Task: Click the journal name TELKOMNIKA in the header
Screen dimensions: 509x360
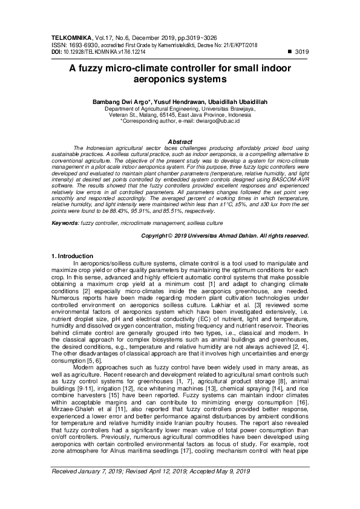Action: (x=71, y=37)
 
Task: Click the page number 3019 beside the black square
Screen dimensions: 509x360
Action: (x=301, y=53)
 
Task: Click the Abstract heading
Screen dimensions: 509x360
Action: (x=180, y=141)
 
